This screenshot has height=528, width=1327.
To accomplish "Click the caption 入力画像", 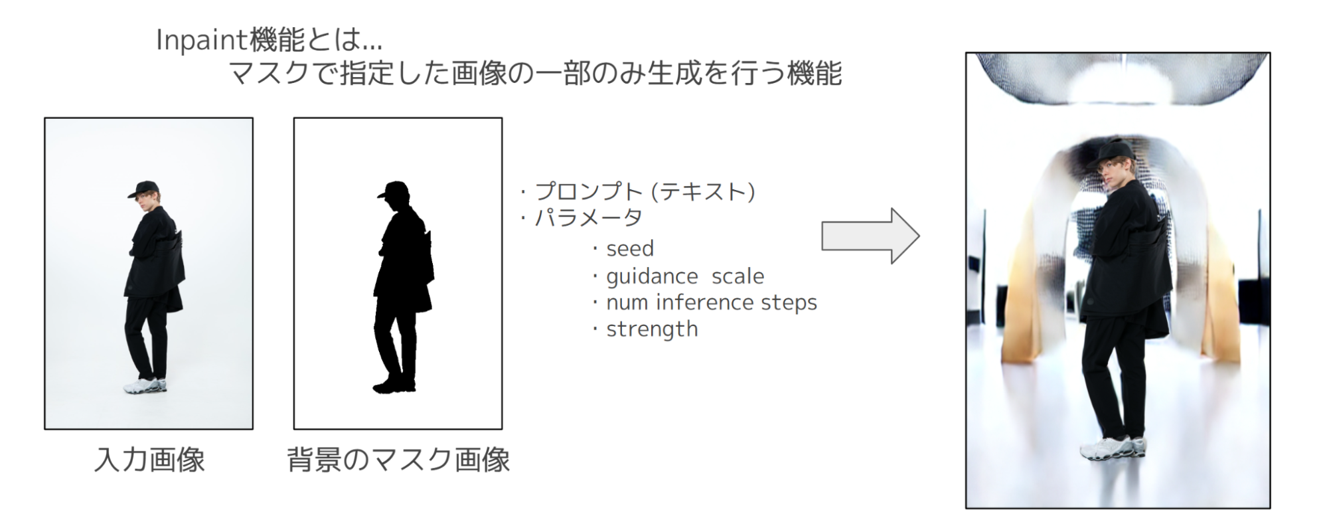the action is [149, 460].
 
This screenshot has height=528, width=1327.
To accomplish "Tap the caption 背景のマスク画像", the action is [398, 460].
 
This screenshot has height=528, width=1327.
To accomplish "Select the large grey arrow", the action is [870, 236].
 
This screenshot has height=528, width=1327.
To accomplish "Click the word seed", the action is [630, 249].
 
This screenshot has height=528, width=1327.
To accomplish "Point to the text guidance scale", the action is [685, 276].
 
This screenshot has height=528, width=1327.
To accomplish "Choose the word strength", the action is [652, 329].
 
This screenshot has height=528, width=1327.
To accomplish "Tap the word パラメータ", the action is [589, 218].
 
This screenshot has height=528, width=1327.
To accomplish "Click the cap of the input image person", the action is [144, 189].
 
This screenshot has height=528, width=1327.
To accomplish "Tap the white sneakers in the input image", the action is [146, 385].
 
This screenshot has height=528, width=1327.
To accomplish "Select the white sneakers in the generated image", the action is [1113, 448].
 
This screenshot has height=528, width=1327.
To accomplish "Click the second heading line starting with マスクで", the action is [535, 73].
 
